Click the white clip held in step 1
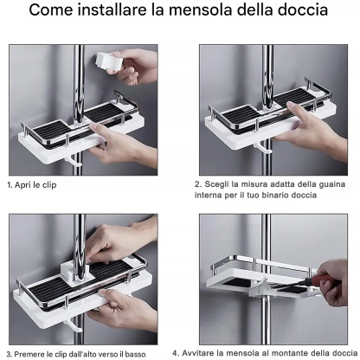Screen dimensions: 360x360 pyautogui.click(x=108, y=61)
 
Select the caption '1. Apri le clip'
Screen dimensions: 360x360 pyautogui.click(x=32, y=185)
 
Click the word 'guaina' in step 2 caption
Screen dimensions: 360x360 pyautogui.click(x=331, y=184)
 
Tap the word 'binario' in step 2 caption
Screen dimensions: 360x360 pyautogui.click(x=275, y=195)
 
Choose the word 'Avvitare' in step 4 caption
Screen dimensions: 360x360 pyautogui.click(x=198, y=353)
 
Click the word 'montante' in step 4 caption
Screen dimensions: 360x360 pyautogui.click(x=290, y=353)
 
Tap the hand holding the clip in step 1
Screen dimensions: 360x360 pyautogui.click(x=136, y=67)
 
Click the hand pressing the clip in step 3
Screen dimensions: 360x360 pyautogui.click(x=121, y=241)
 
